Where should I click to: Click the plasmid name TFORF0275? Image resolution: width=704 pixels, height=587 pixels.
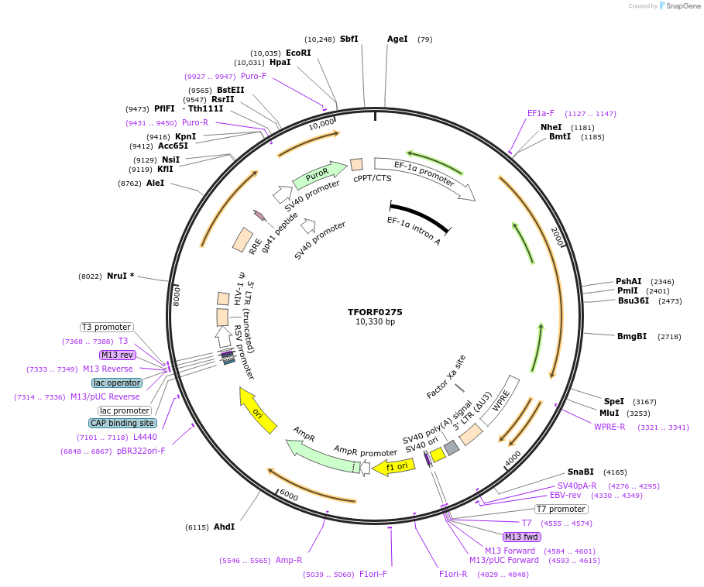tap(375, 312)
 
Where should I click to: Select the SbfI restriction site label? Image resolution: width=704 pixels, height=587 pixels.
tap(349, 39)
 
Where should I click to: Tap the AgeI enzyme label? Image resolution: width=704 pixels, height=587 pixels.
tap(397, 39)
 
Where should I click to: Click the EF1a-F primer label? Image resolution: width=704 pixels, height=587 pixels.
tap(541, 113)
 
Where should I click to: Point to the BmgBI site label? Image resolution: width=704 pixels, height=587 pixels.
tap(632, 336)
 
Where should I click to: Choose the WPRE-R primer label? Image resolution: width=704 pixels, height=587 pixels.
tap(610, 427)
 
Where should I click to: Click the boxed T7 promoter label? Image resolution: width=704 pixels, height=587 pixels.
tap(561, 509)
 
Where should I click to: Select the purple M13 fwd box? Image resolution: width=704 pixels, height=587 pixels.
tap(521, 537)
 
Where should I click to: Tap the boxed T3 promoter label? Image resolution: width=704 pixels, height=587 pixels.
tap(107, 327)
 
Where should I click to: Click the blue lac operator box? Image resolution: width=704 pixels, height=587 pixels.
tap(117, 383)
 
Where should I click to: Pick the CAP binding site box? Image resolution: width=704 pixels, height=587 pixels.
tap(122, 423)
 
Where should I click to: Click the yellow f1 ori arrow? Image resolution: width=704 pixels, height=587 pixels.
tap(393, 466)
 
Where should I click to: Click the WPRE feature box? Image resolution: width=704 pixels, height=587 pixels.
tap(500, 400)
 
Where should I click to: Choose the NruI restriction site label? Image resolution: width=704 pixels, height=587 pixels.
tap(120, 276)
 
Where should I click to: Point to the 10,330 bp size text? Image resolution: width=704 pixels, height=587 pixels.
tap(375, 321)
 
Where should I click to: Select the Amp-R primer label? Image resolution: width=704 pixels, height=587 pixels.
tap(289, 560)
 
